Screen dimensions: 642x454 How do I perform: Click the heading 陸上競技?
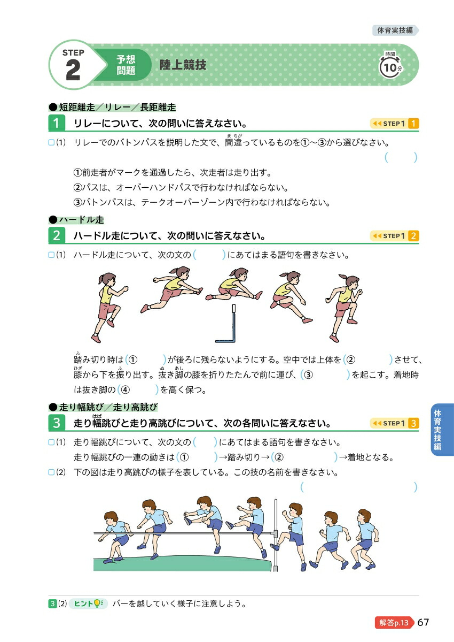pyautogui.click(x=183, y=66)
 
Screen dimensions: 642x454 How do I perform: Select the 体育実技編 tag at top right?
pyautogui.click(x=395, y=30)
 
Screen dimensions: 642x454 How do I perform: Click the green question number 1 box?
pyautogui.click(x=57, y=124)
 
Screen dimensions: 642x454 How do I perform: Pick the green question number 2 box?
pyautogui.click(x=57, y=236)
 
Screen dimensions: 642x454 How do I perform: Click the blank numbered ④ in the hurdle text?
pyautogui.click(x=138, y=389)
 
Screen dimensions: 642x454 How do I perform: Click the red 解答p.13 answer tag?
pyautogui.click(x=394, y=623)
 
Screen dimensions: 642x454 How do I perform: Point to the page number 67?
pyautogui.click(x=424, y=623)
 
